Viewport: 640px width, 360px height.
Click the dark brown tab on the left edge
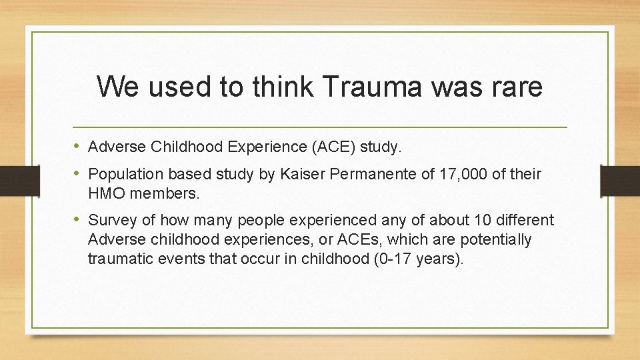(x=13, y=179)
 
